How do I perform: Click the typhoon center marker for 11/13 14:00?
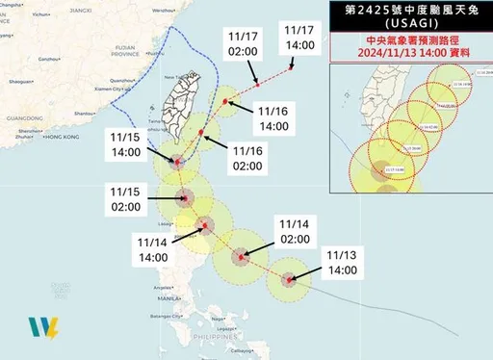[x=289, y=279]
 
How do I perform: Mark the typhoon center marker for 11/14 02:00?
[x=241, y=257]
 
